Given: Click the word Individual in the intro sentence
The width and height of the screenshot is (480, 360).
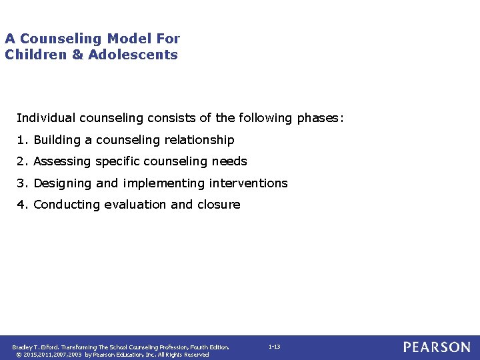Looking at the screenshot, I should point(45,118).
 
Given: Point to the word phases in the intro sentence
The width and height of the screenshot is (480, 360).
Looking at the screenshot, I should point(319,118).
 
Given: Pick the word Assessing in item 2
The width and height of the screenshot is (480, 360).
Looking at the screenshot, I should point(62,161).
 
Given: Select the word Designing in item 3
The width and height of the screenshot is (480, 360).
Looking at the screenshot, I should point(63,183).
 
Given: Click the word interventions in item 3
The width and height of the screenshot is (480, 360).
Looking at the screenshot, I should point(248,183).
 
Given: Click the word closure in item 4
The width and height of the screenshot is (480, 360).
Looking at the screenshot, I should point(219,205).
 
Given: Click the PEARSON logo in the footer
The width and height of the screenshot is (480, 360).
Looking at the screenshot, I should point(437,347).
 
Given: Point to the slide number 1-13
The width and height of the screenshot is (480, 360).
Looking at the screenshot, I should point(274,347).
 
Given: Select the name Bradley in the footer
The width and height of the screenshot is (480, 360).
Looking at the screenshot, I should point(23,347).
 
